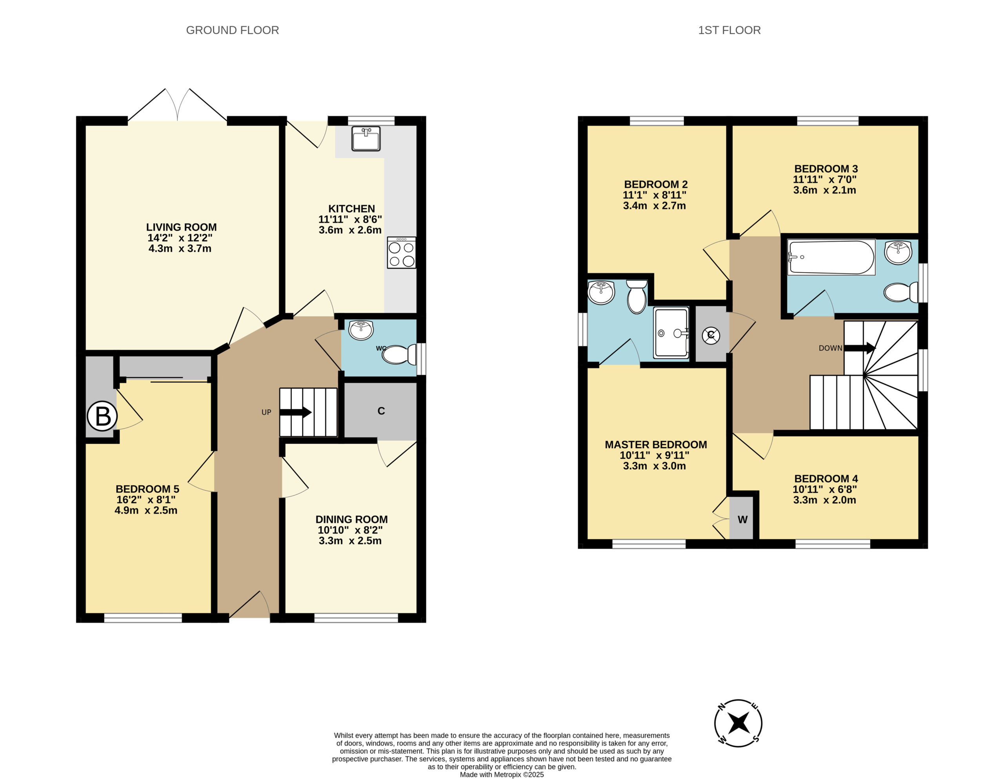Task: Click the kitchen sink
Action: (366, 138)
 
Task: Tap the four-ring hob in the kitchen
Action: (401, 252)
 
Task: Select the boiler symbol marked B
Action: (102, 416)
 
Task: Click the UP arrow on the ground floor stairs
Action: (296, 412)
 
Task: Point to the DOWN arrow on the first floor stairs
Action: (860, 348)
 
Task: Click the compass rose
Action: (738, 723)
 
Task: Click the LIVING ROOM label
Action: (181, 227)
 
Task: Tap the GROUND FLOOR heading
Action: (232, 30)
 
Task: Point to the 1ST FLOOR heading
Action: (729, 30)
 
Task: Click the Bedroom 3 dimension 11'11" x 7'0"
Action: (825, 180)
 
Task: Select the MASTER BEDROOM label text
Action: (656, 445)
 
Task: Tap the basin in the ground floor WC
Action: (361, 330)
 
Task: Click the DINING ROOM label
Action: (351, 519)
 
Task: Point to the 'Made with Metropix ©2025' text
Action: (502, 774)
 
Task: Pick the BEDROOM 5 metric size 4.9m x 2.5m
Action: (146, 510)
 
